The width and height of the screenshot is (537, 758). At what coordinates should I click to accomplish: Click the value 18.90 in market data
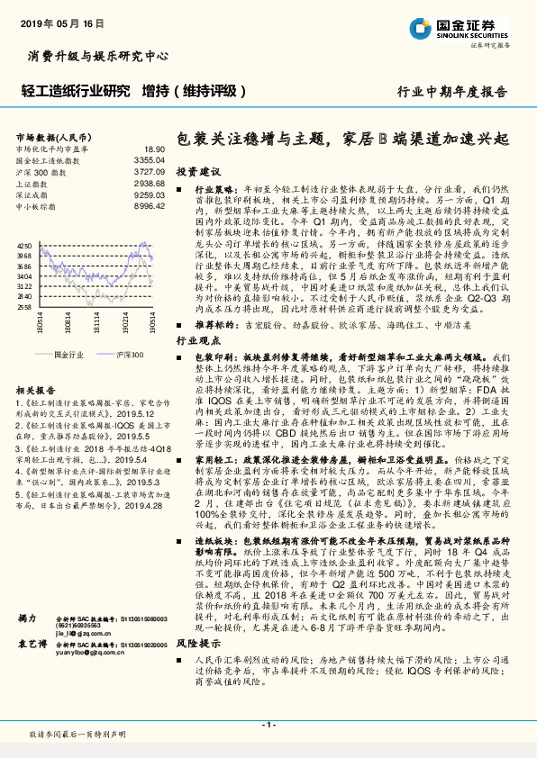tap(154, 149)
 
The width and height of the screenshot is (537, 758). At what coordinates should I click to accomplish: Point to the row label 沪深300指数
tap(35, 170)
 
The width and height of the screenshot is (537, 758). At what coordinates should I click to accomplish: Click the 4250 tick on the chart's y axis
tap(25, 245)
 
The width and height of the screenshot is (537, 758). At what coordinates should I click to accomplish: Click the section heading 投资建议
tap(197, 170)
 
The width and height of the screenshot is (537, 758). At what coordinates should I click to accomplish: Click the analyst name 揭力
tap(27, 644)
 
